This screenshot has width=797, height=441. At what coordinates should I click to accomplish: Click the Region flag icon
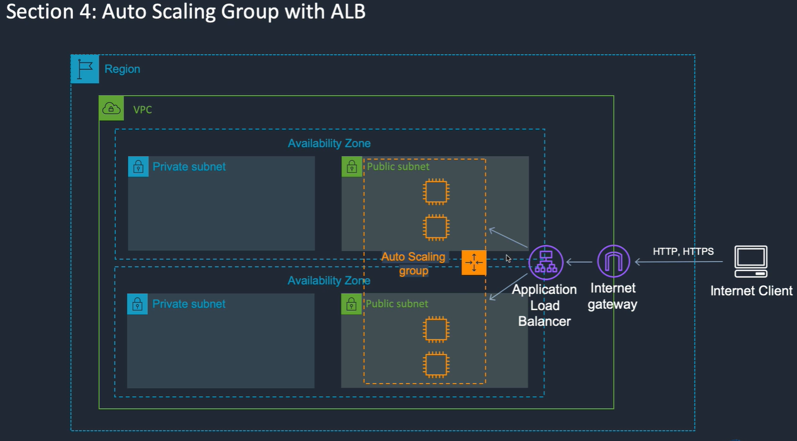pos(85,69)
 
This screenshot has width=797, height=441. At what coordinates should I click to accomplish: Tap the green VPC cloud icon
pos(112,108)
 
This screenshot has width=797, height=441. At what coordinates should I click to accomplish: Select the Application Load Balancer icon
pos(546,262)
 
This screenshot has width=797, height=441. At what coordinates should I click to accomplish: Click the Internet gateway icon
pos(613,261)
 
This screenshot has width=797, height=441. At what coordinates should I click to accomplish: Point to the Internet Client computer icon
pos(750,262)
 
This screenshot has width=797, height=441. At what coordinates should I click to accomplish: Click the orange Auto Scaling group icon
pos(474,262)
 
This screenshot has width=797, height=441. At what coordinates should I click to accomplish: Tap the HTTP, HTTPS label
pos(683,251)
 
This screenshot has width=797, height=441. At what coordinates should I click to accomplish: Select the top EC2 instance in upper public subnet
pos(436,192)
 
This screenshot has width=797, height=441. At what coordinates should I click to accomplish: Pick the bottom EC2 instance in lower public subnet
pos(436,365)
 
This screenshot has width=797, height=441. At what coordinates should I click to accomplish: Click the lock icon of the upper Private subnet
pos(138,166)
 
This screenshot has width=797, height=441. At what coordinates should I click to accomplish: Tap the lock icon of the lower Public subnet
pos(351,303)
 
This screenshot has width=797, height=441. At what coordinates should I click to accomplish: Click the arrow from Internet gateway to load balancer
pos(579,262)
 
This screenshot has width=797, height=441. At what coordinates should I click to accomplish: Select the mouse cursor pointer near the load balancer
pos(508,258)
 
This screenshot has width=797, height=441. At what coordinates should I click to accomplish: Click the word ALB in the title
pos(348,11)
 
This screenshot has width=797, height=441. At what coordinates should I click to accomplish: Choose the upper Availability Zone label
pos(329,144)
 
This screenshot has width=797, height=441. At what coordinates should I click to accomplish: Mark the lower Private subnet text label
pos(189,304)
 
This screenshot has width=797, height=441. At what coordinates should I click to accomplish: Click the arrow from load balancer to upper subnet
pos(508,238)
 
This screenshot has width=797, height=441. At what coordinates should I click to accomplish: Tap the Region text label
pos(122,69)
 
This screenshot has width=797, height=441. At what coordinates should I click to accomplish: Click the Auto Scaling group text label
pos(413,264)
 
